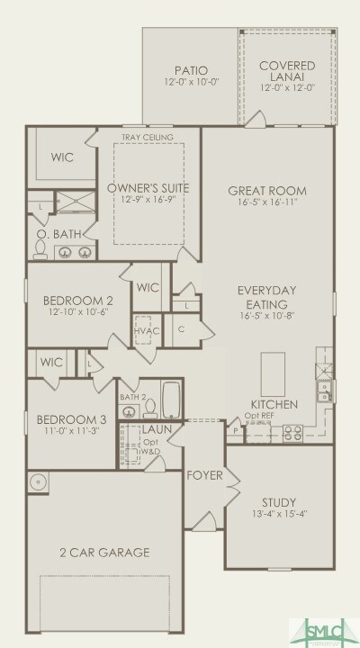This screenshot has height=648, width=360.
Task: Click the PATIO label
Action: [190, 70]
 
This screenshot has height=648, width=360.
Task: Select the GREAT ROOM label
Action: [267, 191]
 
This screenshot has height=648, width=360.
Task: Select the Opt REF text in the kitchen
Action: [260, 417]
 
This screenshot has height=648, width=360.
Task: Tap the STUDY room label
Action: [279, 502]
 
